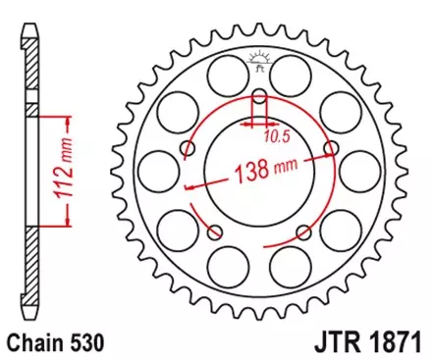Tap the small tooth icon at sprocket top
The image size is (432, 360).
point(259,61)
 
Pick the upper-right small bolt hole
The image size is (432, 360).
point(331,148)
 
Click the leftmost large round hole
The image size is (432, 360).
point(158,165)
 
